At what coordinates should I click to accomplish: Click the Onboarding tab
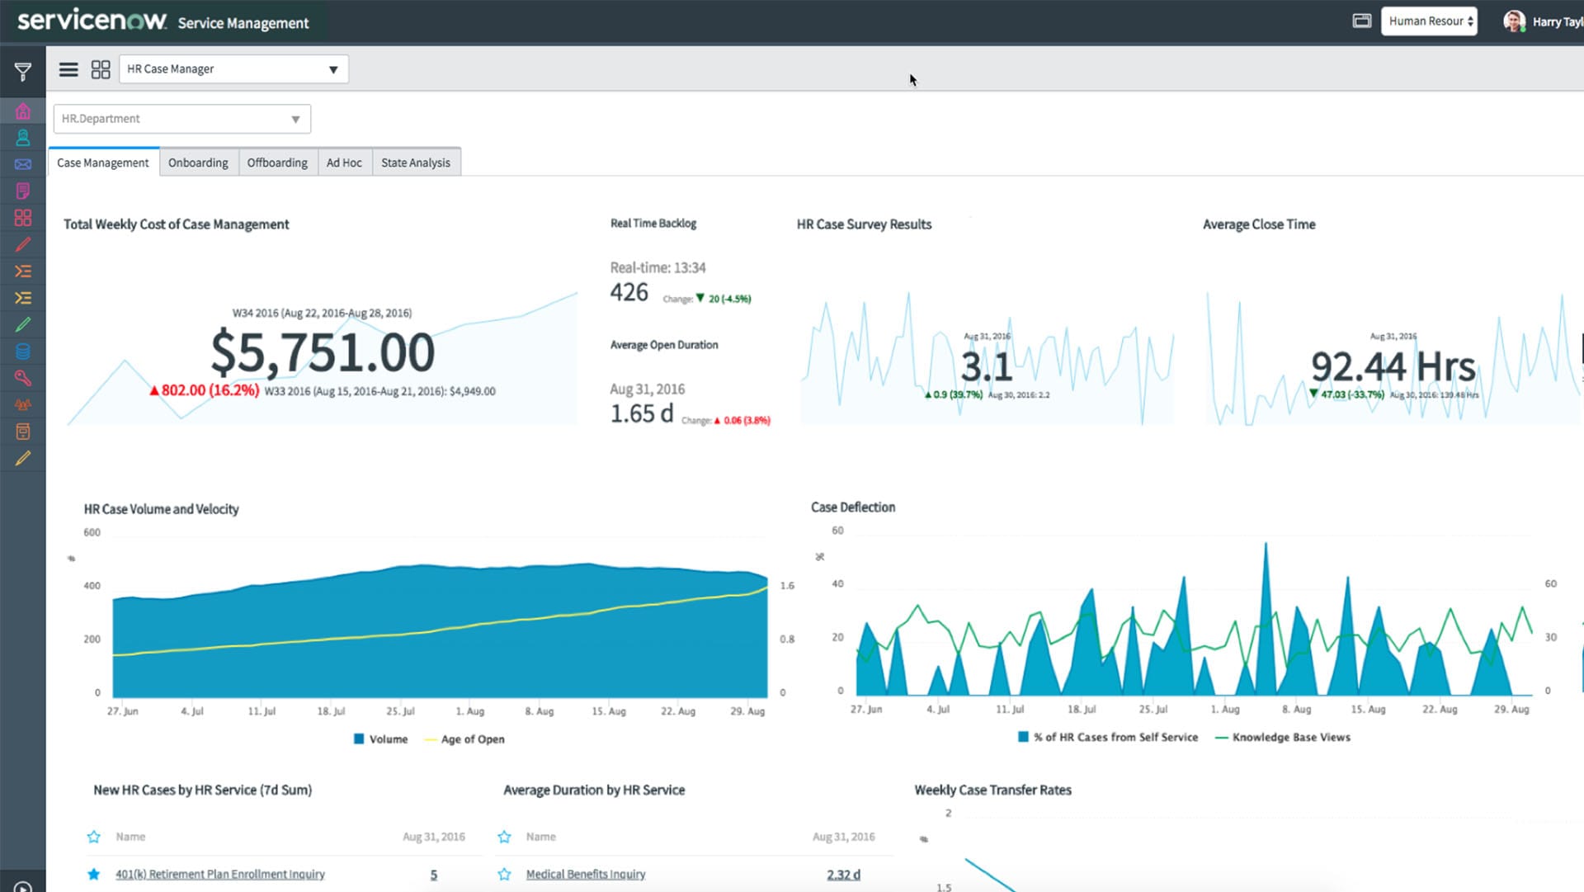pos(198,163)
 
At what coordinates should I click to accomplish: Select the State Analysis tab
pos(415,163)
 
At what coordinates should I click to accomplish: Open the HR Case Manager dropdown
pos(233,69)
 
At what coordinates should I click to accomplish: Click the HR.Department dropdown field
pos(181,119)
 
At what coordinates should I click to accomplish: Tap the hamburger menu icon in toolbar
pos(68,69)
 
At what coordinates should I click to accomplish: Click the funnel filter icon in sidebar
pos(23,72)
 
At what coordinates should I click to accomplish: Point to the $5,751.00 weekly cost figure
pos(322,352)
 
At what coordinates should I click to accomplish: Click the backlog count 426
pos(629,292)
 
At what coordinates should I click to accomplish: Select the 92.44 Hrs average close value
pos(1393,366)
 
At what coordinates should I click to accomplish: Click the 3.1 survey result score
pos(986,366)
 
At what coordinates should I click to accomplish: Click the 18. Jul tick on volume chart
pos(331,711)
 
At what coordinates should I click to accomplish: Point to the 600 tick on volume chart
pos(92,532)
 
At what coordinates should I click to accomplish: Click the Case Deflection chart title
pos(852,507)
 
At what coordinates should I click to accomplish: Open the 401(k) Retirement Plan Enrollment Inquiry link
pos(219,874)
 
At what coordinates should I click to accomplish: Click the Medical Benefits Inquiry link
pos(585,874)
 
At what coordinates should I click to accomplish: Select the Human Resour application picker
pos(1429,21)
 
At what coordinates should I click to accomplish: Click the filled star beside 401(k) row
pos(93,874)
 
